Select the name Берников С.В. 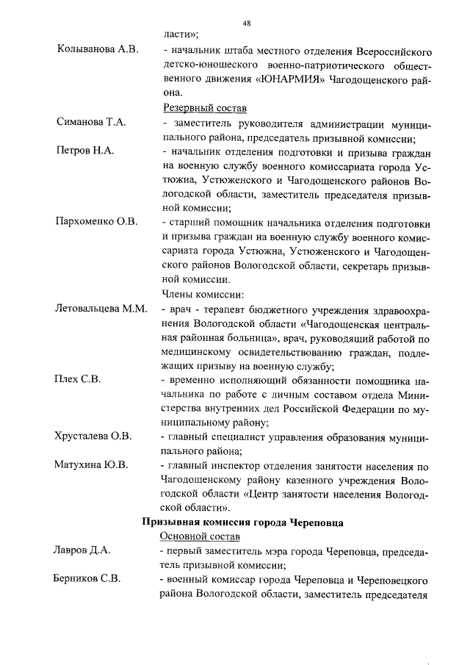tap(87, 579)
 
